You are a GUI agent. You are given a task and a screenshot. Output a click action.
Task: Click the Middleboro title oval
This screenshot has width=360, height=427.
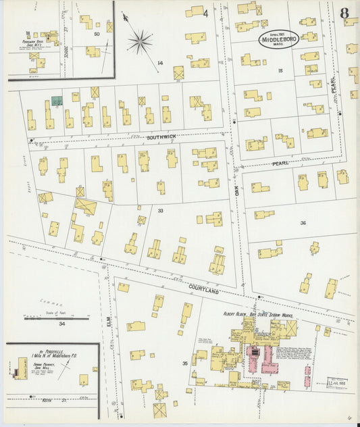pos(278,41)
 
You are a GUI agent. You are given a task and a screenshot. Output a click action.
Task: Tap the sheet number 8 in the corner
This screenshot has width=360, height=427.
pos(344,12)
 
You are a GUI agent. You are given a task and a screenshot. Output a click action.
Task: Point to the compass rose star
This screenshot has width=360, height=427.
pos(140,42)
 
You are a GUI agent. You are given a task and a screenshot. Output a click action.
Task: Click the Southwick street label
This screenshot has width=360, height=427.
pos(161,137)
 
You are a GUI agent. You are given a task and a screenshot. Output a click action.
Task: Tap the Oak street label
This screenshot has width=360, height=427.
pos(236,192)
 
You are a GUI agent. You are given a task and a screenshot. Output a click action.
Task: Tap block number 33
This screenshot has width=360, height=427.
pos(161,211)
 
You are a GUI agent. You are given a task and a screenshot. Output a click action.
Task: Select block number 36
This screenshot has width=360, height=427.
pos(303,222)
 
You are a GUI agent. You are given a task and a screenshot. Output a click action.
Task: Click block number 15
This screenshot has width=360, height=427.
pos(280,70)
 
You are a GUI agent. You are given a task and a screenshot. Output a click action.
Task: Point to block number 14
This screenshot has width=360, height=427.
pos(159,64)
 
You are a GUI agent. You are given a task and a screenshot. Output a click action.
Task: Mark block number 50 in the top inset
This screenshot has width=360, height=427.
pos(97,33)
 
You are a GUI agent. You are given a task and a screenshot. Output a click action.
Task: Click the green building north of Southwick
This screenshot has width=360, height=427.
pos(57,101)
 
